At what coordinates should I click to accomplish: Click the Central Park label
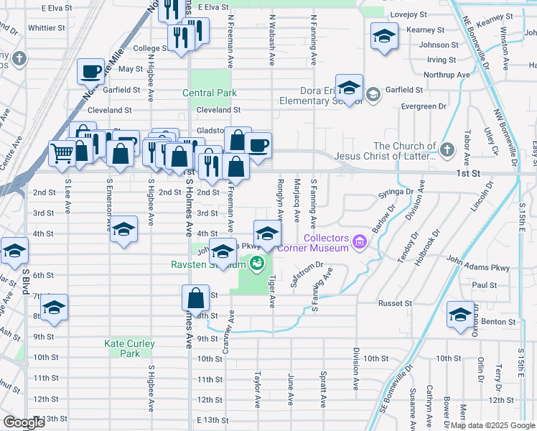(209, 93)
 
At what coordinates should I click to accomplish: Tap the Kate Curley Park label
(129, 348)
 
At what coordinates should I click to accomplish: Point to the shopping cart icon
(62, 153)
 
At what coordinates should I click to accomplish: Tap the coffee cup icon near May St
(91, 71)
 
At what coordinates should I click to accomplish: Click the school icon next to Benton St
(460, 314)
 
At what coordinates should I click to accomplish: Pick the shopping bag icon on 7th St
(195, 297)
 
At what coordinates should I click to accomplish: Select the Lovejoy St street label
(408, 14)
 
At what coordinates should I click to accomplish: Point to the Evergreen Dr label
(424, 106)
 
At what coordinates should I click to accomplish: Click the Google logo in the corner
(24, 422)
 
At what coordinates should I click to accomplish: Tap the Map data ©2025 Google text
(492, 425)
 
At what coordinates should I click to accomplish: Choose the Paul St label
(485, 285)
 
